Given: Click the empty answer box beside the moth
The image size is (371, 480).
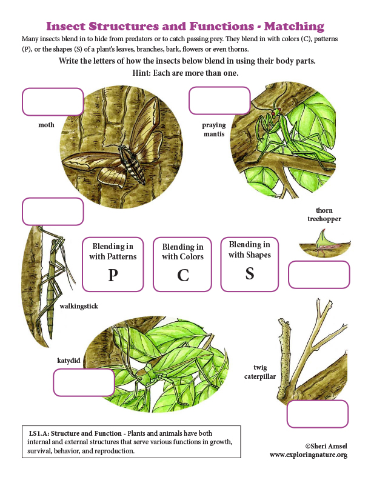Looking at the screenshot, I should point(53,102).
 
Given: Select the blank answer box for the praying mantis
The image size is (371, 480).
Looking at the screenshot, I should point(219,101).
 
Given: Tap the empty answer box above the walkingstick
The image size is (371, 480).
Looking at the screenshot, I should point(53,212).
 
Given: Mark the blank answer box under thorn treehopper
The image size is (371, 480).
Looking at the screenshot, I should point(319,275).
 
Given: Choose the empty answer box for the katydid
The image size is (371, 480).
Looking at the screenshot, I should point(84,382).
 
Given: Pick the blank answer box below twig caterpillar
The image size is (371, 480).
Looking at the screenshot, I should point(318,414).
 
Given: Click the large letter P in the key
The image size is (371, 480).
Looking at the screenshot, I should point(113,276).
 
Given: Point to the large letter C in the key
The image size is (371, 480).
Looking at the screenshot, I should point(183,276).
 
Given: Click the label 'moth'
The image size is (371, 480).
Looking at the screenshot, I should point(46,125).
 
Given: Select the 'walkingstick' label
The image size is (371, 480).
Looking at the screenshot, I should point(79,306).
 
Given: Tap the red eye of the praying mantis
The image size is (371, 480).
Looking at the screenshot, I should point(275,113).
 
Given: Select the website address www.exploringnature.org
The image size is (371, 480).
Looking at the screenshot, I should point(308,455).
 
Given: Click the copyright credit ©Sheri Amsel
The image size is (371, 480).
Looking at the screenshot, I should point(326,445).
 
